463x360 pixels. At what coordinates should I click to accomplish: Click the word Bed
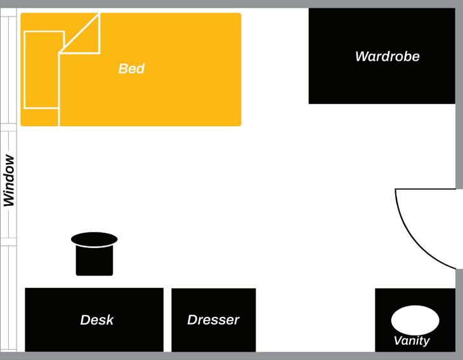131,68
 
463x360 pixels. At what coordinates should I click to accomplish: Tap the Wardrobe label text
387,56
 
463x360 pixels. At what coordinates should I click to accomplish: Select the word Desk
97,320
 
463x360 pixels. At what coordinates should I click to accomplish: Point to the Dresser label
213,320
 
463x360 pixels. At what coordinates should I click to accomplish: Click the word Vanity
412,341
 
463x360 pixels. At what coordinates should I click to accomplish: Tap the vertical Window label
9,181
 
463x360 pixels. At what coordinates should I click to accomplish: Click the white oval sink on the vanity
415,319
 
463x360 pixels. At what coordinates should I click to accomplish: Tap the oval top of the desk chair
95,239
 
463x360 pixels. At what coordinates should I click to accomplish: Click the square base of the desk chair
95,261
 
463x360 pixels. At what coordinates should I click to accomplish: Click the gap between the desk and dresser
167,320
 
